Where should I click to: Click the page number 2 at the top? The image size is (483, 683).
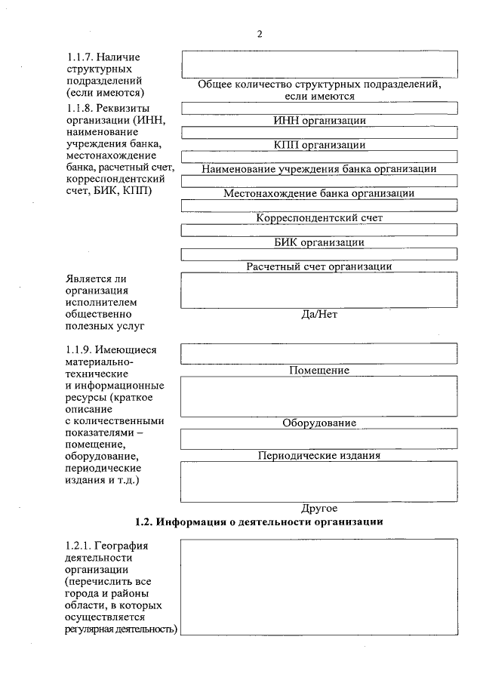(259, 34)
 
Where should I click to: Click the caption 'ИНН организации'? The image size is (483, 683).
(319, 121)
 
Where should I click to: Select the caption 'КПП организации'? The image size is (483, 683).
(319, 145)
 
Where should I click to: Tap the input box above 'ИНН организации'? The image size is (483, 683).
(319, 108)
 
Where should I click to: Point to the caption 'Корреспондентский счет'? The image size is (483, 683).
(319, 218)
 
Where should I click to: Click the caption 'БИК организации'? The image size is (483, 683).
(319, 242)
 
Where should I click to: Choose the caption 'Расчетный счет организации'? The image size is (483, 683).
(319, 266)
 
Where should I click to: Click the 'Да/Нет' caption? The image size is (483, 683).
(319, 314)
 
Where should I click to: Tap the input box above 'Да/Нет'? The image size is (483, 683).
(319, 290)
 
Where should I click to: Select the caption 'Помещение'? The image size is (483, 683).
(319, 371)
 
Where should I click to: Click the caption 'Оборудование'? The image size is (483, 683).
(319, 423)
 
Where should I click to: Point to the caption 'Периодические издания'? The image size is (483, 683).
(319, 455)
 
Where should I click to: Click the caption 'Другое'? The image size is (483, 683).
(319, 508)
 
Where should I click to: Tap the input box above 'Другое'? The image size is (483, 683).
(319, 481)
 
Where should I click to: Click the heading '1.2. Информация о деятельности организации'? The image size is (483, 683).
(259, 521)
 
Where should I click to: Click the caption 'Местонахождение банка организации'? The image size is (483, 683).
(319, 193)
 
